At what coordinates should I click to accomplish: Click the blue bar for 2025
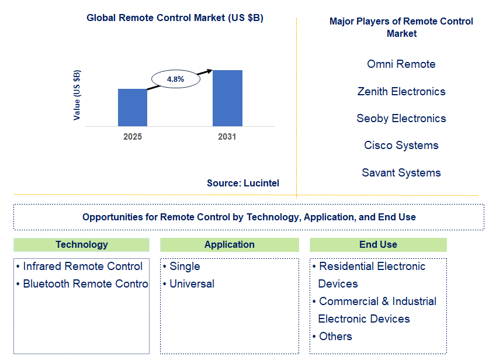pyautogui.click(x=133, y=108)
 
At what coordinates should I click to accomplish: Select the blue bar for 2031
pyautogui.click(x=227, y=98)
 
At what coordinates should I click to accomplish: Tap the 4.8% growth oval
pyautogui.click(x=176, y=79)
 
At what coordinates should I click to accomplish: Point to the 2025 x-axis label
pyautogui.click(x=133, y=137)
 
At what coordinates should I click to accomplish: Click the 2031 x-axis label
pyautogui.click(x=227, y=137)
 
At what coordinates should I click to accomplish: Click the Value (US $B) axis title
pyautogui.click(x=77, y=95)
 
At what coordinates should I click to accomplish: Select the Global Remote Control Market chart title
pyautogui.click(x=175, y=18)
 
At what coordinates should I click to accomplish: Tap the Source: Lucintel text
pyautogui.click(x=243, y=183)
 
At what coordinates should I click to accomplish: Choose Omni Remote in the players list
pyautogui.click(x=401, y=64)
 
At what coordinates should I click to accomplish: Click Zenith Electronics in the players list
pyautogui.click(x=401, y=91)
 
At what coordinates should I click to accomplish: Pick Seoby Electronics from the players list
pyautogui.click(x=401, y=118)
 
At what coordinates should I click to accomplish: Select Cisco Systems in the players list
pyautogui.click(x=401, y=145)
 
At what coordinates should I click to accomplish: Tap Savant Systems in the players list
pyautogui.click(x=401, y=173)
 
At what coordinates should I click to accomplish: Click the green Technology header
pyautogui.click(x=82, y=245)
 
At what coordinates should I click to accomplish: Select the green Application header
pyautogui.click(x=230, y=245)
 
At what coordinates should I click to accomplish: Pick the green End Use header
pyautogui.click(x=379, y=245)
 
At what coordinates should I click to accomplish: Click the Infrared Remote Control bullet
pyautogui.click(x=79, y=266)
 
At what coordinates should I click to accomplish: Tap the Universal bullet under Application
pyautogui.click(x=189, y=284)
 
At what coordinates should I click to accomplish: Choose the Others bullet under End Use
pyautogui.click(x=332, y=336)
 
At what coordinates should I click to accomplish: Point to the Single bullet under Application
pyautogui.click(x=182, y=266)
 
